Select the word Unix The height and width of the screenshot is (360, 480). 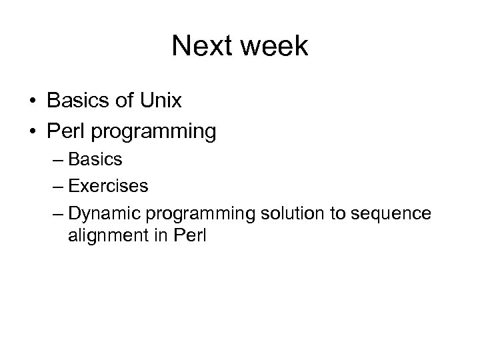click(163, 101)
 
